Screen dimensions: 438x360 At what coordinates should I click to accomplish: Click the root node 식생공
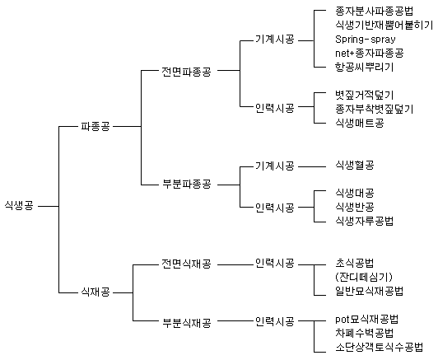tap(19, 206)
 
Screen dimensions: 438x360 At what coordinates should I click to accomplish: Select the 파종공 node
tap(96, 127)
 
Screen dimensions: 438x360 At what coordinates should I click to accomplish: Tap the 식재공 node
tap(96, 292)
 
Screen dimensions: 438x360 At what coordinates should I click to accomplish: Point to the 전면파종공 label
tap(186, 72)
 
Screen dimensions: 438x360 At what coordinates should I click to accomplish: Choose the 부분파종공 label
tap(186, 185)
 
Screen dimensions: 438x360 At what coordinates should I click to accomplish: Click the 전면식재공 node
tap(186, 264)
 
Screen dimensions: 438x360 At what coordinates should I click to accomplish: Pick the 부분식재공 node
tap(186, 323)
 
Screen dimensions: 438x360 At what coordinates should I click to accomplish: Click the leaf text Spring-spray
tap(366, 40)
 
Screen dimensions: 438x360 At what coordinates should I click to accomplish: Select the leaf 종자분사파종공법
tap(374, 12)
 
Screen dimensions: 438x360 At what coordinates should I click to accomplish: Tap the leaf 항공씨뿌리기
tap(364, 67)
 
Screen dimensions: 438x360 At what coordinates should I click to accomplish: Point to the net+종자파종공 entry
tap(370, 53)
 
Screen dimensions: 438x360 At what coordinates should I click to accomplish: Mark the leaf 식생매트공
tap(360, 123)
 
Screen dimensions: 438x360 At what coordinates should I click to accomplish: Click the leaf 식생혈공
tap(355, 165)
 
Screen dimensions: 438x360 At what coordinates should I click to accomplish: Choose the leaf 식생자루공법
tap(364, 221)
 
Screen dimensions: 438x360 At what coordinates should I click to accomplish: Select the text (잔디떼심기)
tap(364, 277)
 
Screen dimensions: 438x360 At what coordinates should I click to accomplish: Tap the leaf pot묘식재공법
tap(366, 319)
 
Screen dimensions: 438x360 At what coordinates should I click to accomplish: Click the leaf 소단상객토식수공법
tap(379, 347)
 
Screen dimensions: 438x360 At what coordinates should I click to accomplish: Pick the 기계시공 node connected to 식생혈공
tap(275, 166)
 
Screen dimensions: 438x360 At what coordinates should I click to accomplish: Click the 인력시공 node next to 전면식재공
tap(275, 264)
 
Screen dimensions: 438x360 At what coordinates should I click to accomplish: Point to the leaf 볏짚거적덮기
tap(364, 95)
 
